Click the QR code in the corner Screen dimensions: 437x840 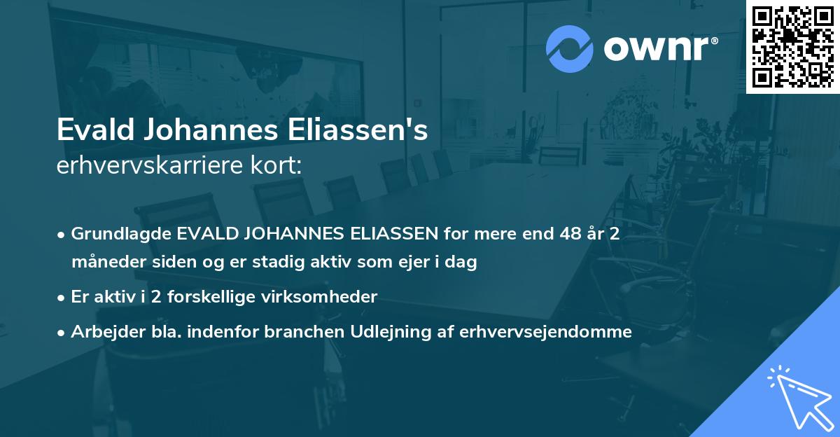[792, 46]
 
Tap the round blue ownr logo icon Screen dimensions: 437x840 [569, 48]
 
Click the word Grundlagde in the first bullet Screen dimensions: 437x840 [122, 234]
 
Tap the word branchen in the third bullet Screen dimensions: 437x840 [297, 332]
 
